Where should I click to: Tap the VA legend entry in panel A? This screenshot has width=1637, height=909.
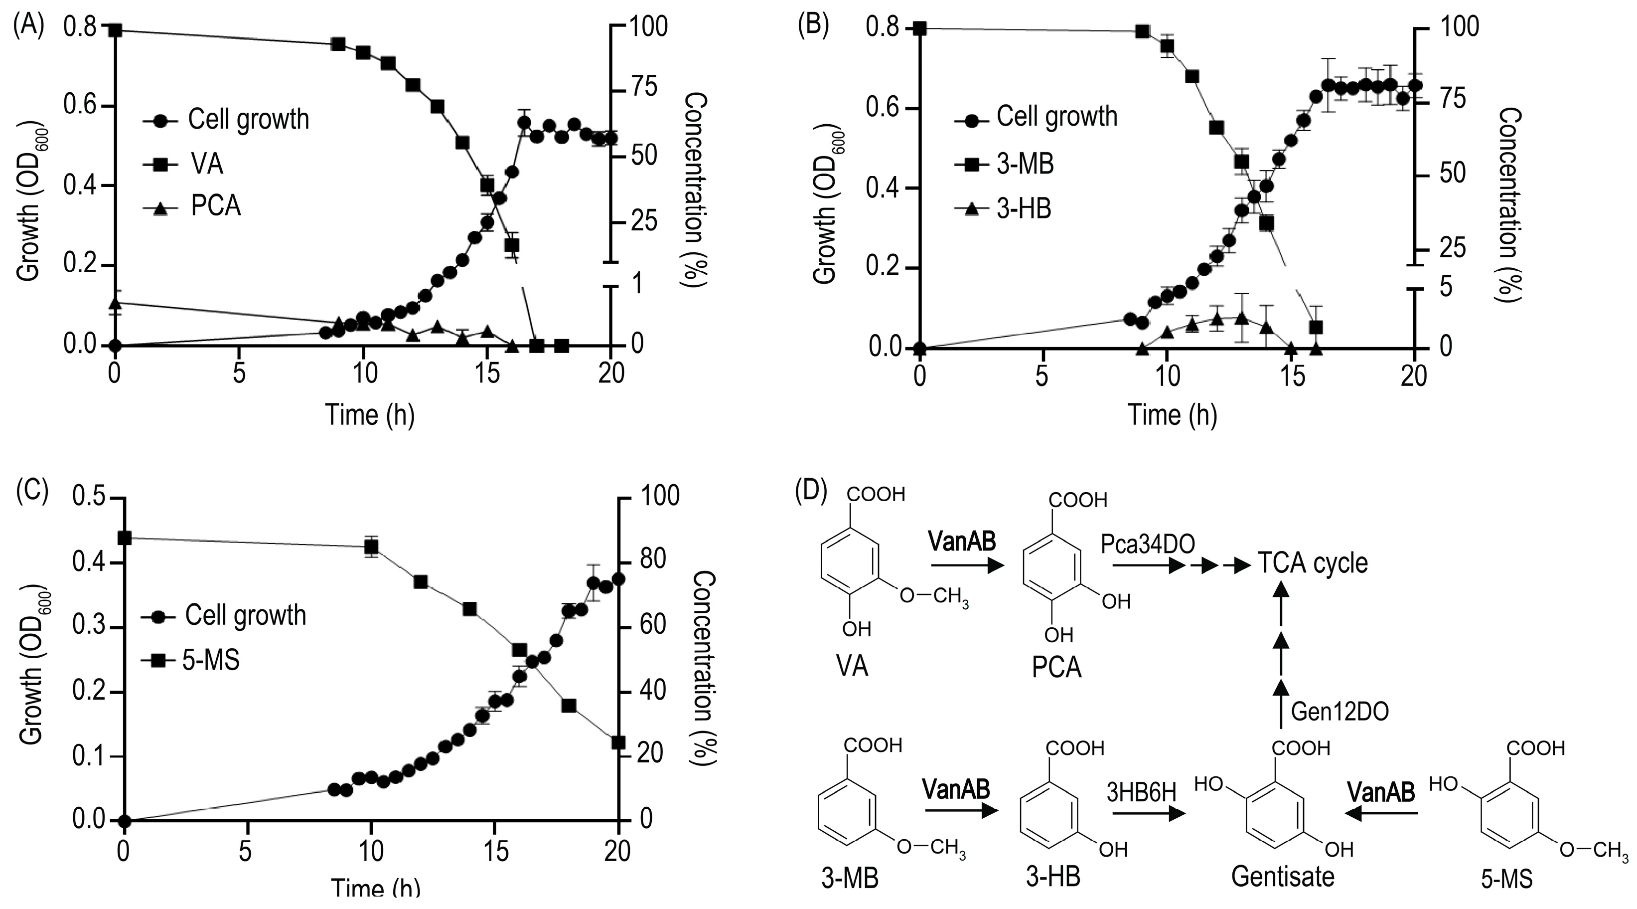(x=207, y=165)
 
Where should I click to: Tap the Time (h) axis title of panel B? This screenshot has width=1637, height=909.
(x=1173, y=415)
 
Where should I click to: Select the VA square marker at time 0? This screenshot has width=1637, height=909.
(x=115, y=30)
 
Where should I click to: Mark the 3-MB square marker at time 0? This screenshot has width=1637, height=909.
(x=919, y=28)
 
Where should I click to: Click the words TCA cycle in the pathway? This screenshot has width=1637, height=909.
(x=1312, y=563)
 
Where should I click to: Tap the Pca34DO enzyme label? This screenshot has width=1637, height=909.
(x=1148, y=543)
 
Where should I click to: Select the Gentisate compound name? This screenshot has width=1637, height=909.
(x=1282, y=877)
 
